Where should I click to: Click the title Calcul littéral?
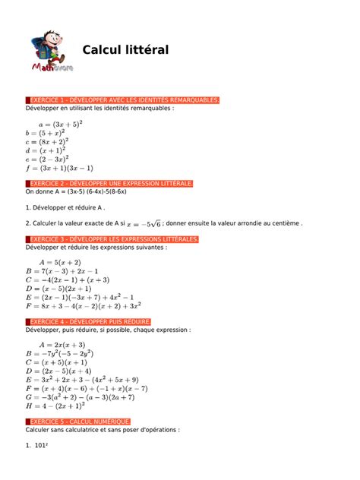click(125, 50)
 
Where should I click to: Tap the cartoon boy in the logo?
click(49, 46)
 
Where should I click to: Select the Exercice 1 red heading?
click(124, 100)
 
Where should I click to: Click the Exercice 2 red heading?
click(111, 184)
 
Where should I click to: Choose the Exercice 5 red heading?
click(80, 421)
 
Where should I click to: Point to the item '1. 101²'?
click(37, 446)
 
